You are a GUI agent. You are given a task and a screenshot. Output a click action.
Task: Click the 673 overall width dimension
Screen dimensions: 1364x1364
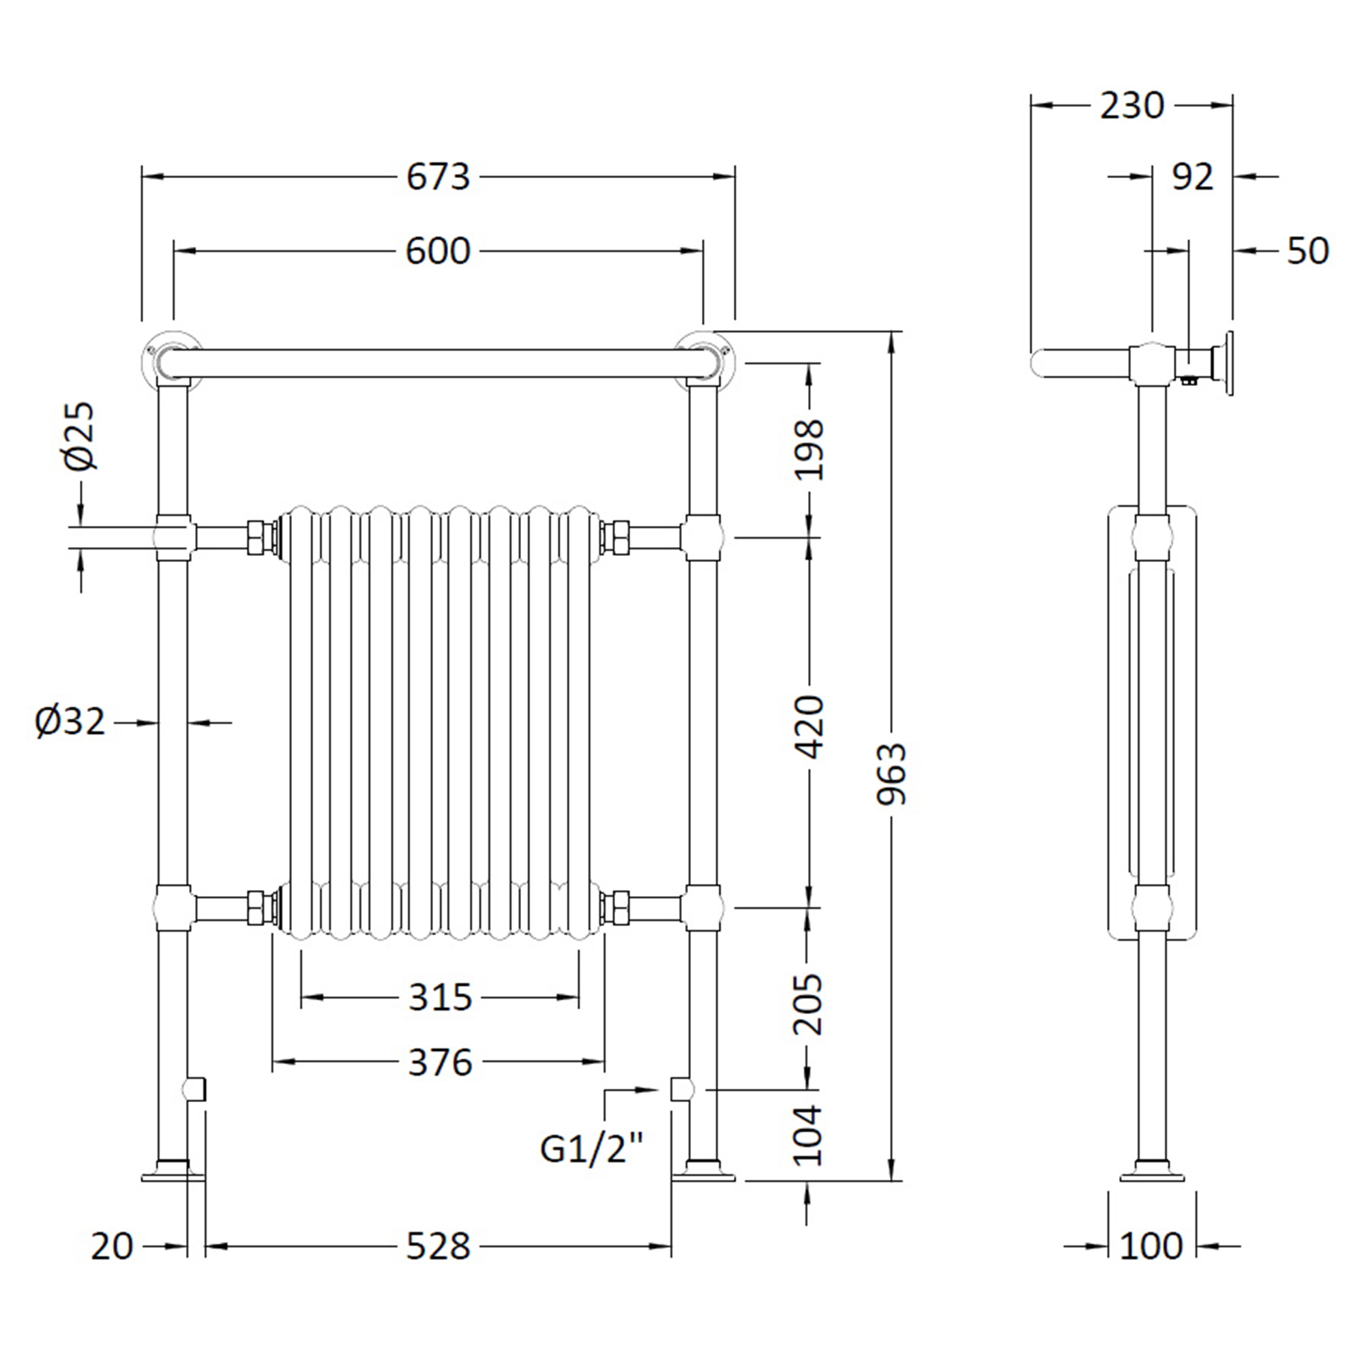[438, 177]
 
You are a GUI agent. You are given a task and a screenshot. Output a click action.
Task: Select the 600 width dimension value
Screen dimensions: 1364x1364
[438, 252]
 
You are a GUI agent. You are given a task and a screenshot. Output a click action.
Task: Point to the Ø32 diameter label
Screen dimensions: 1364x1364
[71, 722]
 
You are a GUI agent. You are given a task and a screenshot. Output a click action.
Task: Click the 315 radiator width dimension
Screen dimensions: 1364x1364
[439, 998]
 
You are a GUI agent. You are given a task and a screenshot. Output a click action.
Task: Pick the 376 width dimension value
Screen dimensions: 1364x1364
[439, 1062]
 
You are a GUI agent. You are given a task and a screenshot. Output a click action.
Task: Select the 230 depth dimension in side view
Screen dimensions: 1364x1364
[1131, 106]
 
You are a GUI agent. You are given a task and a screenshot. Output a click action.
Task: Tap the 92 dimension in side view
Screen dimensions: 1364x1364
[1192, 177]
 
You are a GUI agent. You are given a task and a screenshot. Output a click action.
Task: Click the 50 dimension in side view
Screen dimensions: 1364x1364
[1307, 252]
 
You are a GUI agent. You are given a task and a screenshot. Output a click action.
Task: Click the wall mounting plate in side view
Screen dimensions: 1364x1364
[1229, 364]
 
